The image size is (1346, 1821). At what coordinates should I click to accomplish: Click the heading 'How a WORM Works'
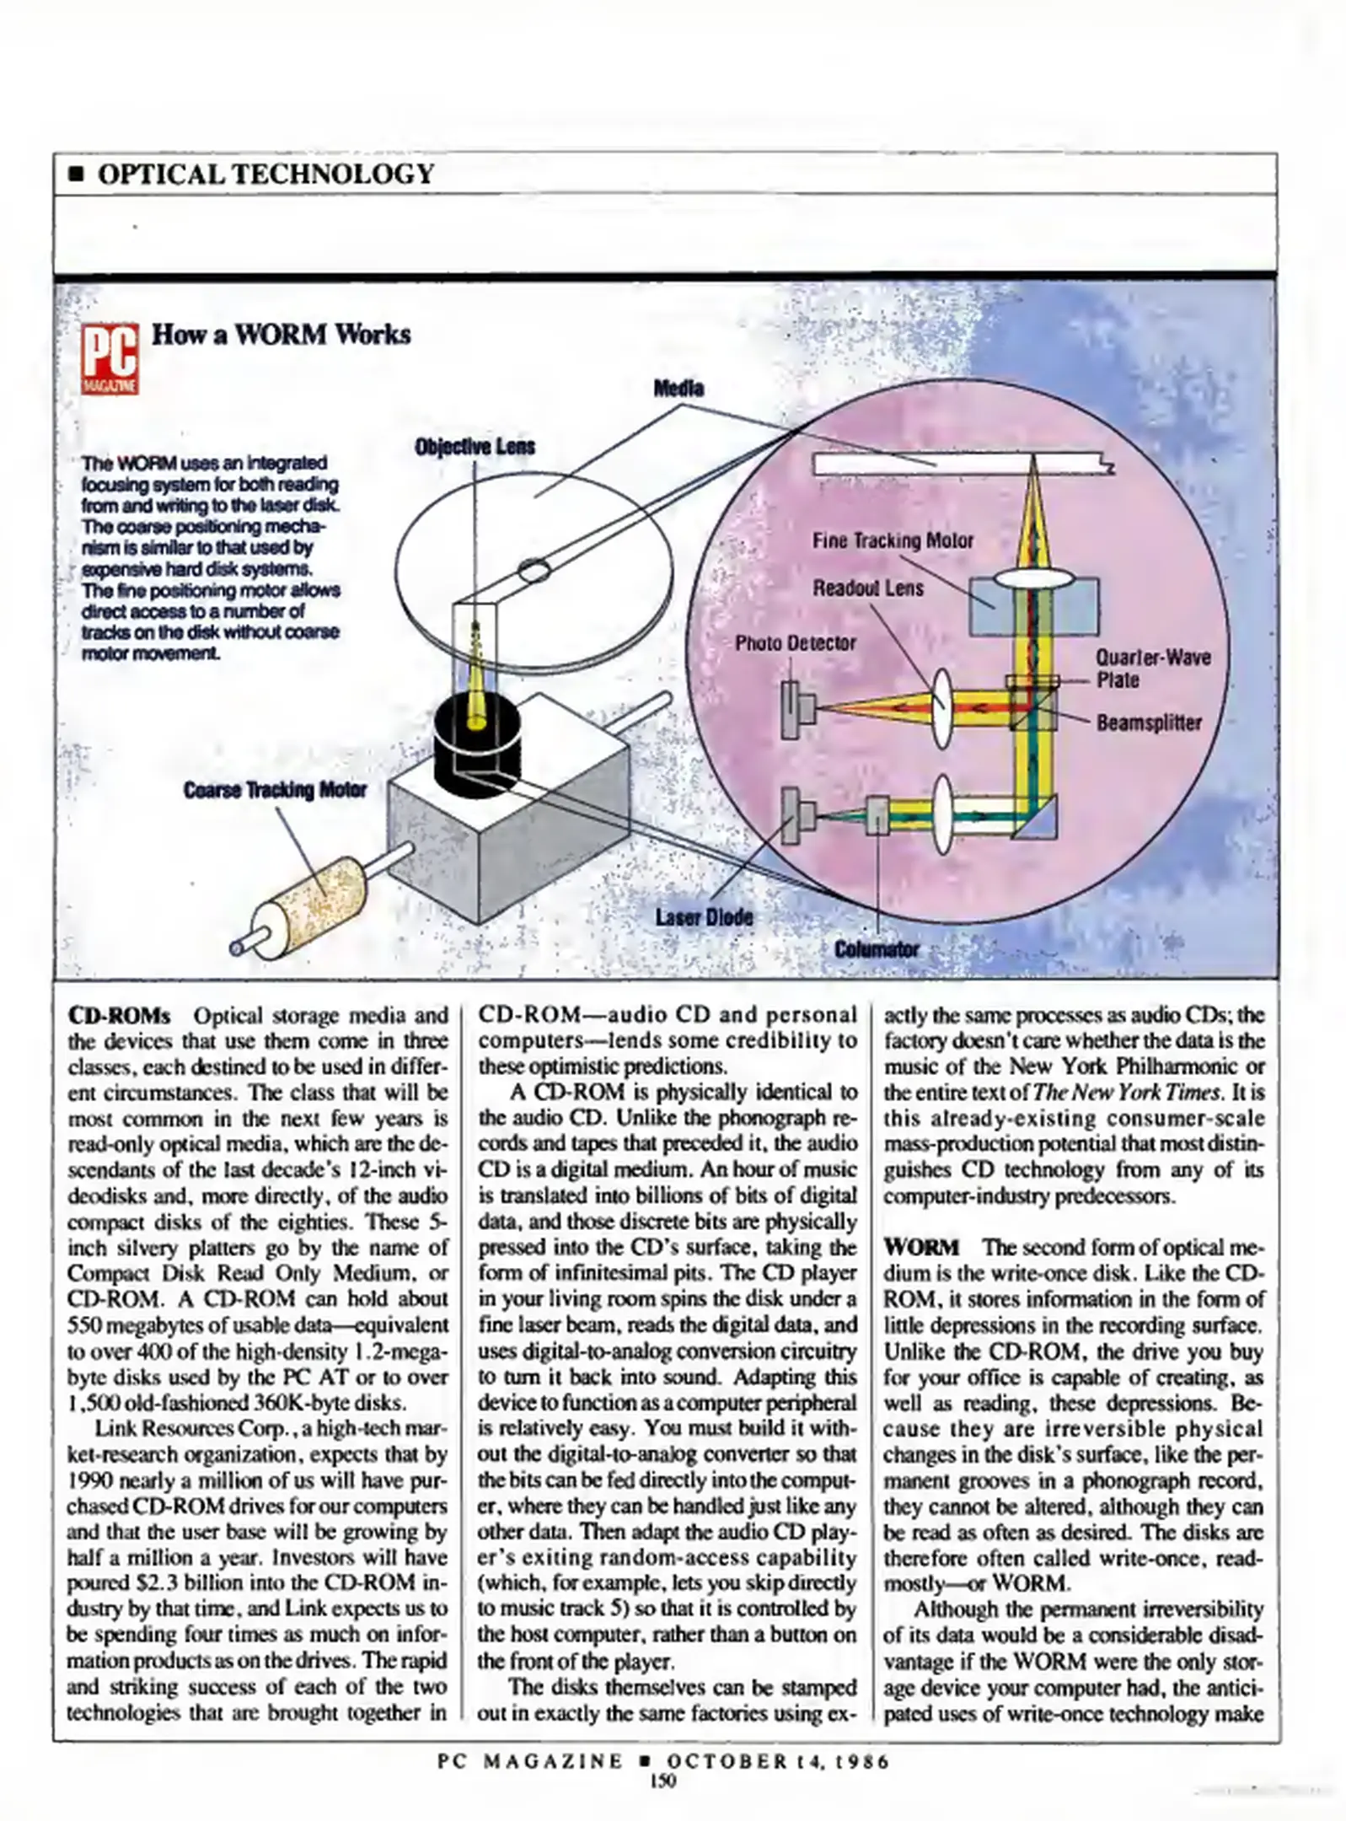coord(281,335)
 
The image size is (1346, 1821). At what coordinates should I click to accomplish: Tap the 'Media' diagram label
coord(678,389)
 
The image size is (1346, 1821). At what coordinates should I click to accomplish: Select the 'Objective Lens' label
coord(475,447)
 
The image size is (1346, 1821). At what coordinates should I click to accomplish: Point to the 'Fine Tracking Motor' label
coord(893,540)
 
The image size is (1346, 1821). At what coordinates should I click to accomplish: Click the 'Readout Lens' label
coord(868,588)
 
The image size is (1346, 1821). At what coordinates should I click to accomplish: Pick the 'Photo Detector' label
coord(796,643)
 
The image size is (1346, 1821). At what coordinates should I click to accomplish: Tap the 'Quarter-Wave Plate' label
coord(1152,669)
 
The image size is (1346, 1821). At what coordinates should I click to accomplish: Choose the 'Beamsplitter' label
coord(1149,722)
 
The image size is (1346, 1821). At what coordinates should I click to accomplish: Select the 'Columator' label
coord(877,950)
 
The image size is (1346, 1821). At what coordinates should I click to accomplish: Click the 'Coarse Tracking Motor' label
coord(275,790)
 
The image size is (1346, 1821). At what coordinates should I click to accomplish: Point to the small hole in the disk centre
coord(533,572)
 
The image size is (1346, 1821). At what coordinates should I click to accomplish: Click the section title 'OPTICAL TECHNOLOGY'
coord(265,174)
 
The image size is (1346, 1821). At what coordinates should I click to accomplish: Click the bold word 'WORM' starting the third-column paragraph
coord(922,1247)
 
